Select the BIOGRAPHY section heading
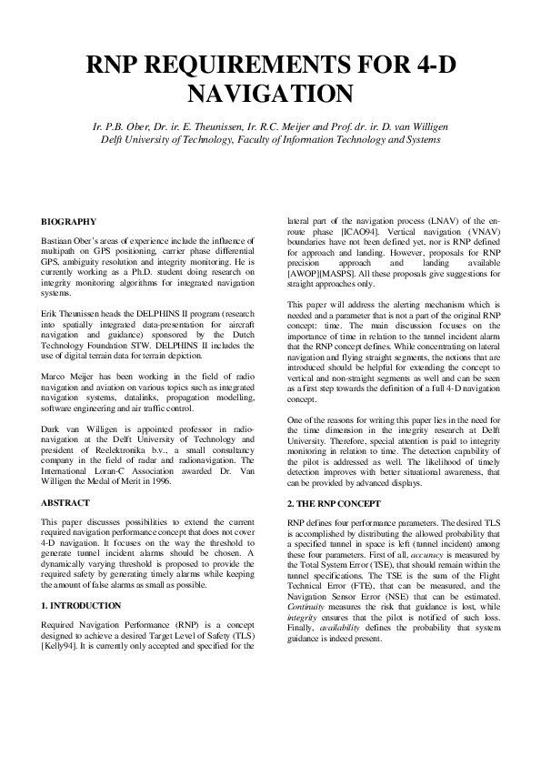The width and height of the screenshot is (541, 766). point(69,222)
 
